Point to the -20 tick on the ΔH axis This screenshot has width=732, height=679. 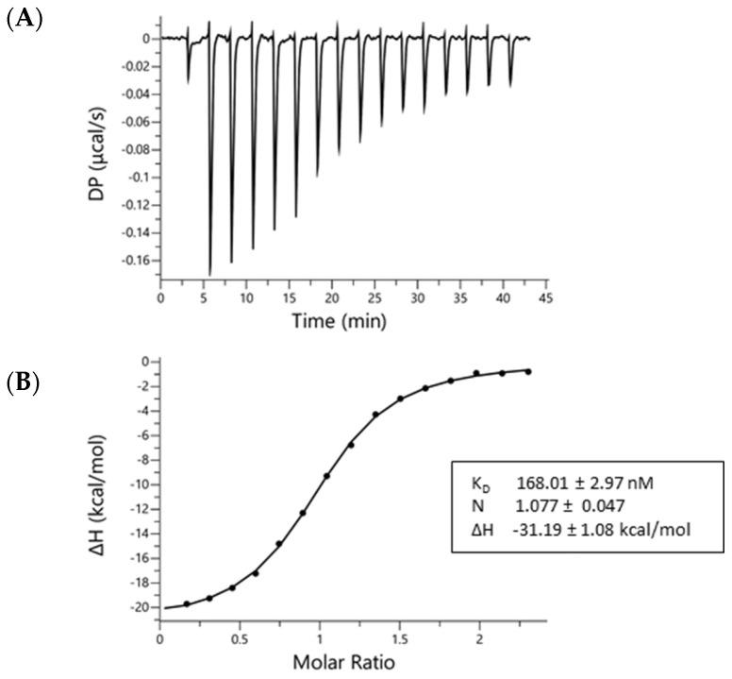point(141,607)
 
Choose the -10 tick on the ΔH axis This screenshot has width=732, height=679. point(141,484)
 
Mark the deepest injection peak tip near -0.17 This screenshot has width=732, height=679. point(209,275)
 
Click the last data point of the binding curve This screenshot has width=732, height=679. point(527,371)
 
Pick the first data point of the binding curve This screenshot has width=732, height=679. point(187,603)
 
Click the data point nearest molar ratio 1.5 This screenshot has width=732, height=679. point(400,399)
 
